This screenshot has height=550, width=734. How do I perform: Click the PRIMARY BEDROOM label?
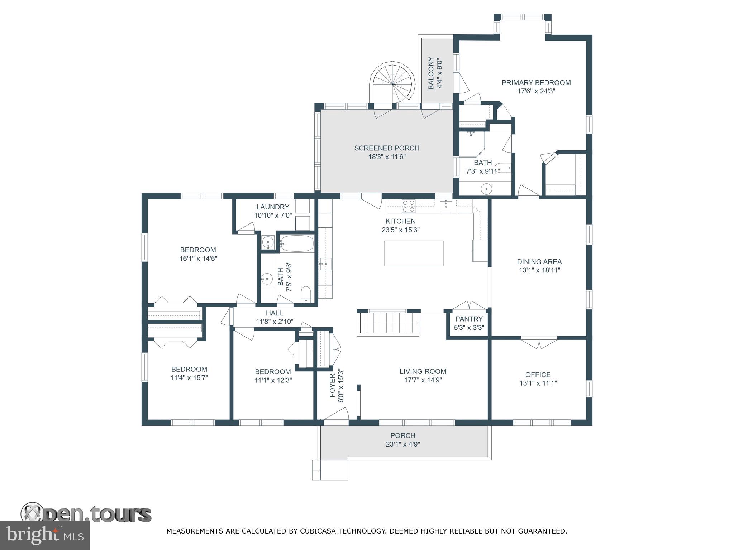pos(536,83)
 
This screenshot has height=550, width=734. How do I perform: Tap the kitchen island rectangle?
pos(414,253)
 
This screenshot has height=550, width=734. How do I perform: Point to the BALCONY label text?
pos(431,73)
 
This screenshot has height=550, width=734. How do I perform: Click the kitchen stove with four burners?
pos(408,206)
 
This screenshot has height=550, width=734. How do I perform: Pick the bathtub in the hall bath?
pos(297,244)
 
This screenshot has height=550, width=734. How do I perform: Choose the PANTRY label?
pos(469,319)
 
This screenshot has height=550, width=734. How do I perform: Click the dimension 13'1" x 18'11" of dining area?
pos(539,270)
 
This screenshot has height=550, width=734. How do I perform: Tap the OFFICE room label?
pos(538,375)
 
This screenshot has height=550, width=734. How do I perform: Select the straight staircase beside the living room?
pos(388,323)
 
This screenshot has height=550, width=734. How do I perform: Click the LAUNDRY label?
pos(273,207)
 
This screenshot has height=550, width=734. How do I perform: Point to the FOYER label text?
pos(332,386)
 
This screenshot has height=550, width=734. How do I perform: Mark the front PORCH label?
pos(403,435)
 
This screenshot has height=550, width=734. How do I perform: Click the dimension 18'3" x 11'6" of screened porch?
pos(387,157)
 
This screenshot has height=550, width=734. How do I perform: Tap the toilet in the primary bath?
pos(505,168)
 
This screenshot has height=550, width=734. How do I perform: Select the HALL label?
pos(275,313)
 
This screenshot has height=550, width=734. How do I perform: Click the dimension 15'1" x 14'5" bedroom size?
pos(198,259)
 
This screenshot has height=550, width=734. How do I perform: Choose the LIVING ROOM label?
pos(423,372)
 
